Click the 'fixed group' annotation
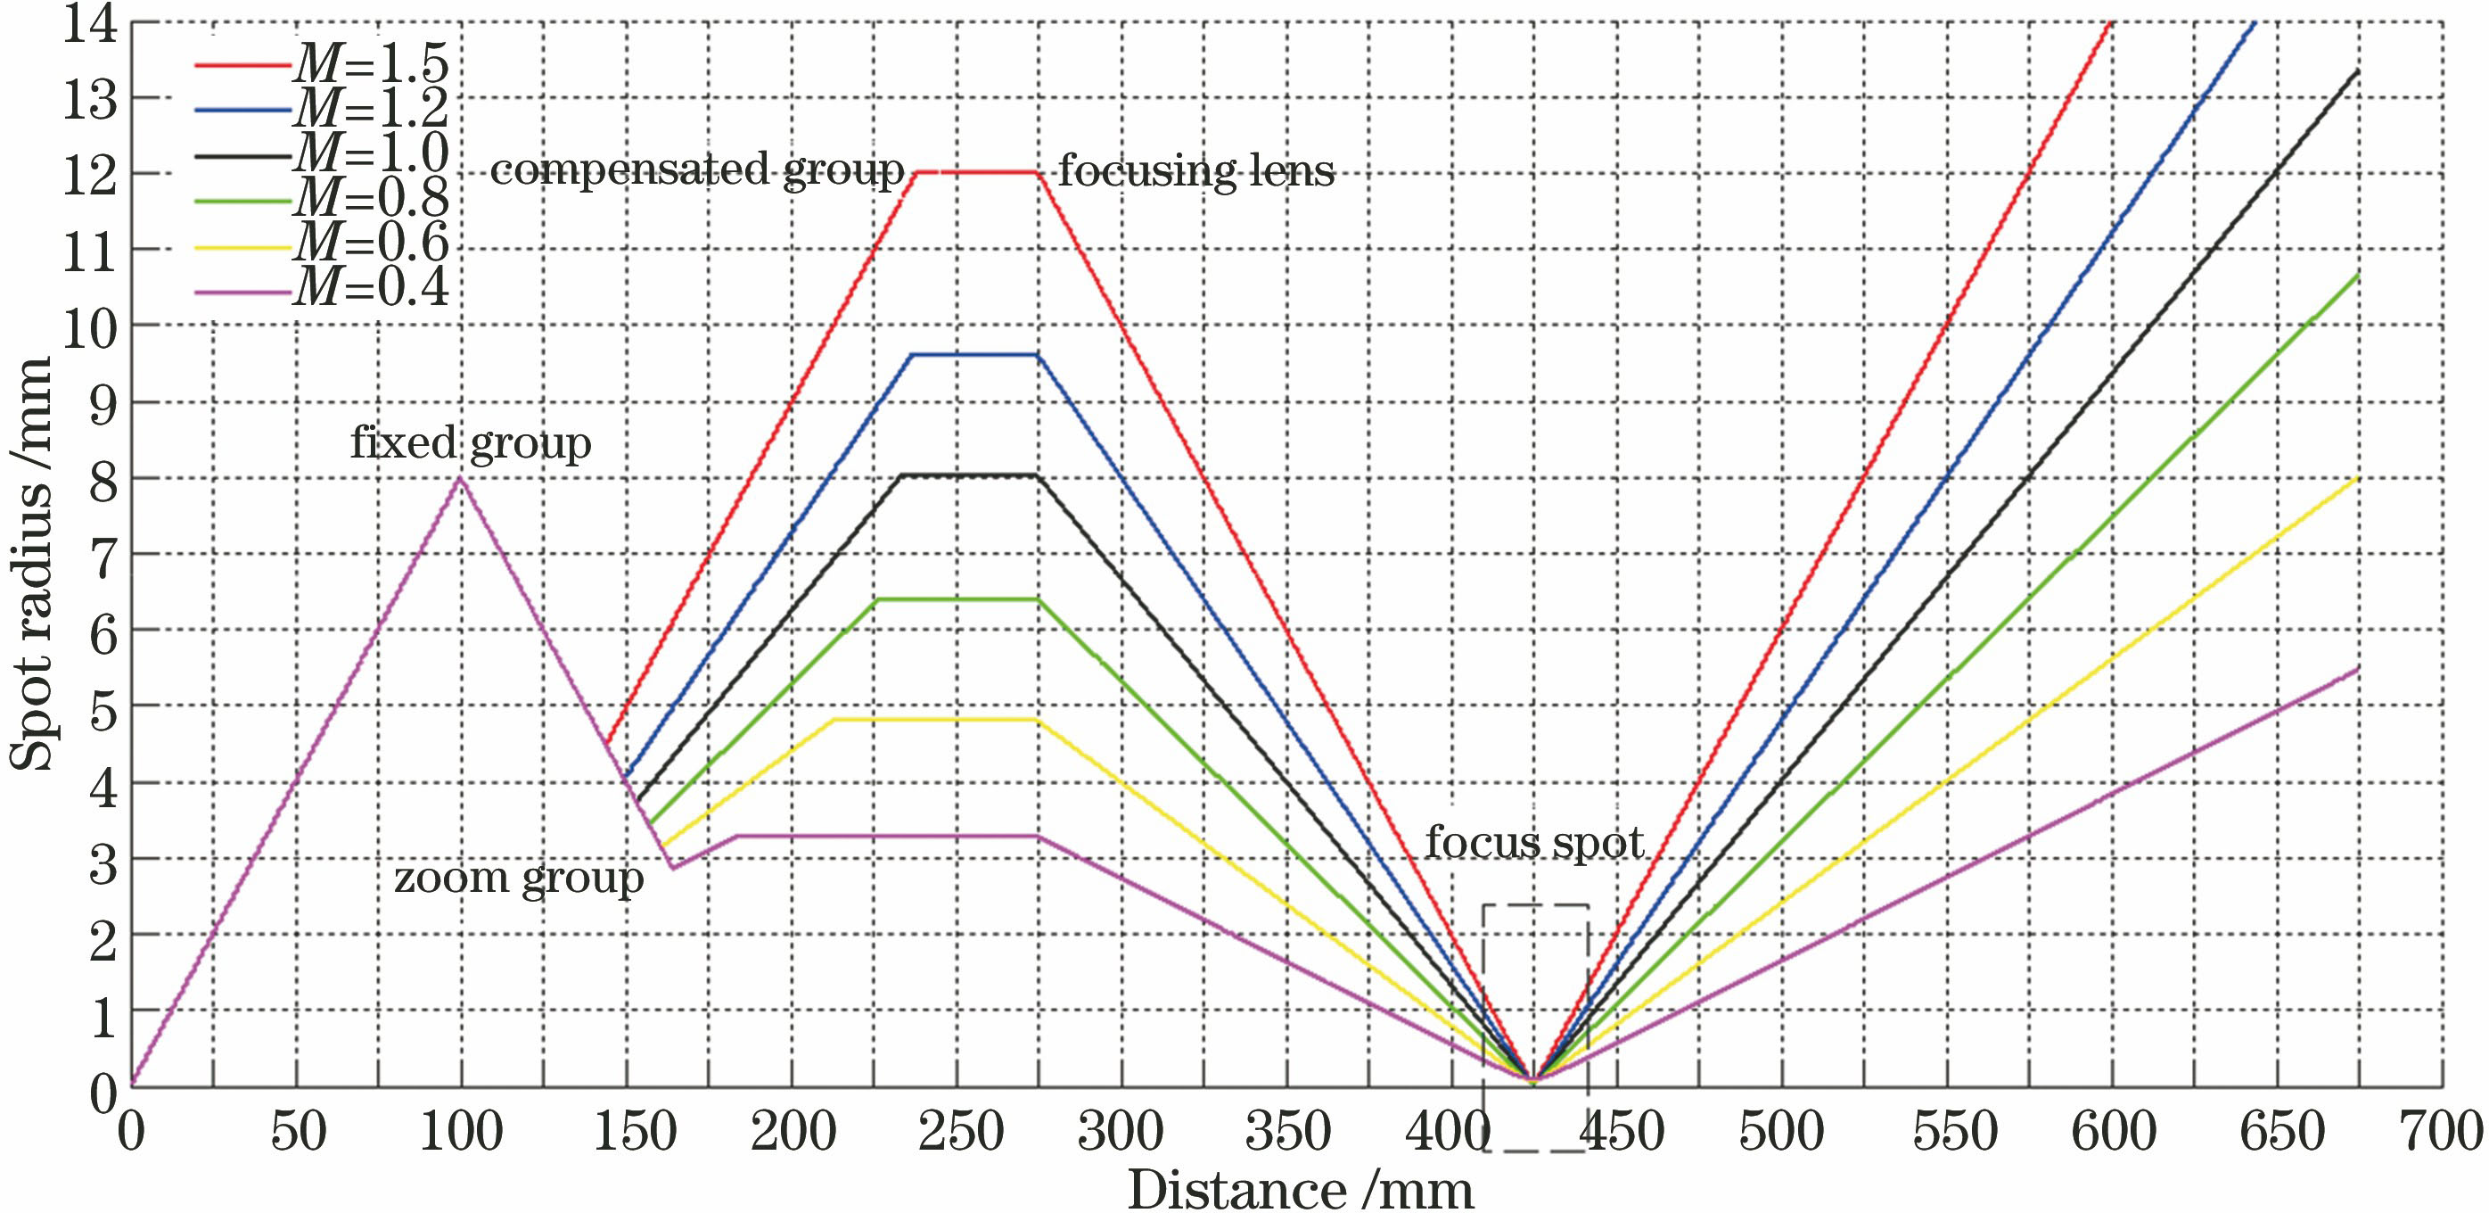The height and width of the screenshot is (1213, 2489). point(471,443)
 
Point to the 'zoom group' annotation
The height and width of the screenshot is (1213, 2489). point(519,879)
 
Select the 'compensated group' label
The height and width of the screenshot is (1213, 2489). point(696,171)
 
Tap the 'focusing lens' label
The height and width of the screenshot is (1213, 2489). point(1196,172)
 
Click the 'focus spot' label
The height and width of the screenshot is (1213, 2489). point(1534,843)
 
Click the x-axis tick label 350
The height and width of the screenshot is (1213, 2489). point(1287,1132)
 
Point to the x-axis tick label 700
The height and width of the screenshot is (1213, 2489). point(2442,1132)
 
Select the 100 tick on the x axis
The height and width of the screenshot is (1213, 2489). point(461,1132)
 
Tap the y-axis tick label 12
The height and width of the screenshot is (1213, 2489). point(90,175)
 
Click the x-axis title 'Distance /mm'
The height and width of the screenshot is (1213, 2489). point(1301,1189)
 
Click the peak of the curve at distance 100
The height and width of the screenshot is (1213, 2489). point(461,477)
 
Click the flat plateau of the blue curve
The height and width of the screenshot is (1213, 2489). point(974,355)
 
